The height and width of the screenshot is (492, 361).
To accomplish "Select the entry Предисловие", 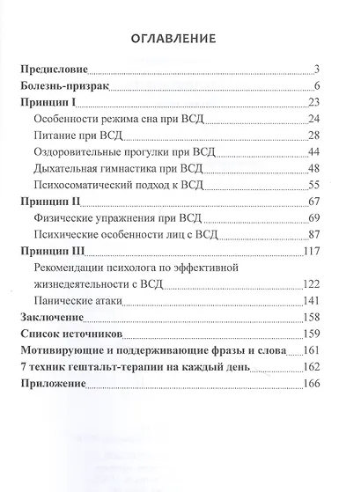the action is (x=54, y=70).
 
